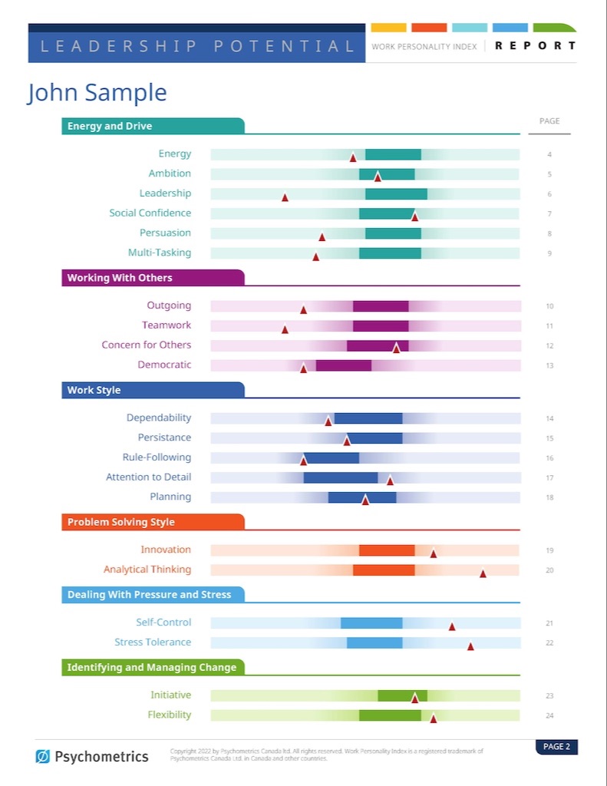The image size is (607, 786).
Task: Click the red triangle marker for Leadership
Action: coord(285,197)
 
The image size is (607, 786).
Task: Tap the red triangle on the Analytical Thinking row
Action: coord(483,573)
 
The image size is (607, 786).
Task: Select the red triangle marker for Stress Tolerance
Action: coord(470,646)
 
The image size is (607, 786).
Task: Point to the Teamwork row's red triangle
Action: coord(285,329)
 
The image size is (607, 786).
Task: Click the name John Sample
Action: coord(97,93)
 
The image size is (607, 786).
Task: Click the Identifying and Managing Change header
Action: coord(153,667)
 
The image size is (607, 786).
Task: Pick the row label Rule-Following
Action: coord(157,457)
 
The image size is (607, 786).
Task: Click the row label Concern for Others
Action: coord(146,345)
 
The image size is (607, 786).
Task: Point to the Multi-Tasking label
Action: coord(160,253)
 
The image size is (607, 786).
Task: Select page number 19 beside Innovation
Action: coord(549,550)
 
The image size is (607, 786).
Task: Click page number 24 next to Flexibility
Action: coord(549,715)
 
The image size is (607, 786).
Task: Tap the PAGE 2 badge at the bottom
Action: coord(556,747)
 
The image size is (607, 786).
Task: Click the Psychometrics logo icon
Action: coord(43,757)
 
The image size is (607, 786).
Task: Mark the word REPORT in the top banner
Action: coord(535,46)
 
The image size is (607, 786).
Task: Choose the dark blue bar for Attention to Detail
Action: coord(341,477)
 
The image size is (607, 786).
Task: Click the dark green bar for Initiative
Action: coord(402,695)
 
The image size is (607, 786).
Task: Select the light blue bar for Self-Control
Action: coord(371,623)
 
